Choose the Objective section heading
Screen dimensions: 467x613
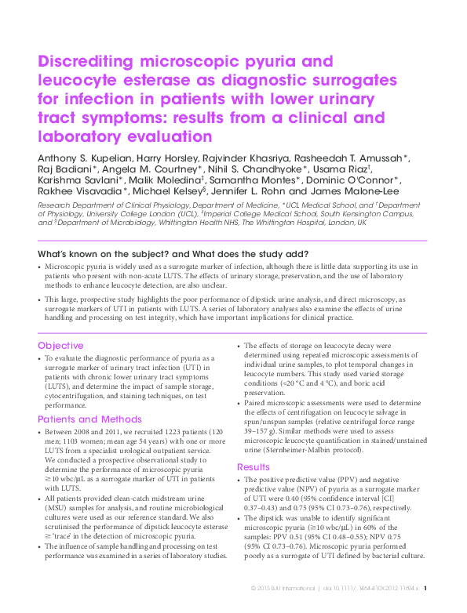click(x=60, y=346)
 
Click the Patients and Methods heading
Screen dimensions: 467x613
click(x=88, y=419)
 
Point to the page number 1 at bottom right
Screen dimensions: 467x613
click(x=425, y=587)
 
